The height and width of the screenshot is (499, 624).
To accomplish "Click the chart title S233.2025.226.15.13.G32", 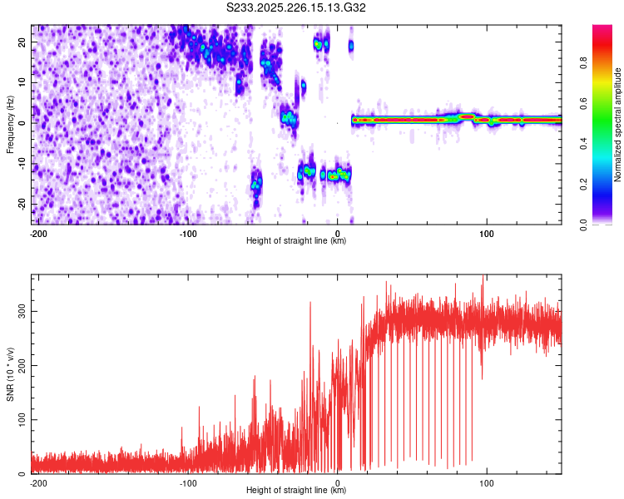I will pos(297,8).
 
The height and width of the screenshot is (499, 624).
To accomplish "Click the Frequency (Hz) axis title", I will pos(10,125).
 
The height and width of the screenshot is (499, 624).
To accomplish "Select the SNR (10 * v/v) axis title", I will pos(10,373).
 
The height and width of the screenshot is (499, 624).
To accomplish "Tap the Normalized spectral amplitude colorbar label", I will pos(618,125).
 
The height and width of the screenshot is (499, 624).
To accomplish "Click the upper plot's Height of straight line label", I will pos(297,240).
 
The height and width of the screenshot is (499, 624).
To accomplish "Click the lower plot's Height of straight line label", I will pos(297,490).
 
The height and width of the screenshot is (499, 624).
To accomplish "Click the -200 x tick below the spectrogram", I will pos(37,233).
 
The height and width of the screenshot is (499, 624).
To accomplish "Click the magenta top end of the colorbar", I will pos(602,29).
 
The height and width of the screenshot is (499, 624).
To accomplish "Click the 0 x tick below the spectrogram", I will pos(338,233).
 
